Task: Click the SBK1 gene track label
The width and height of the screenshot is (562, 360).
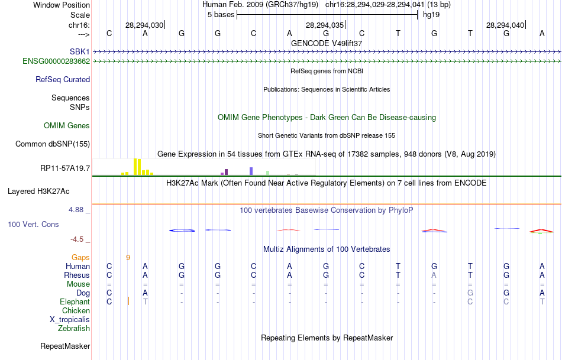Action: click(79, 51)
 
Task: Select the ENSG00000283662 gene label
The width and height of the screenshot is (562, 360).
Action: click(56, 61)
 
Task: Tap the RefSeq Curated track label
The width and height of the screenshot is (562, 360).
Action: click(63, 79)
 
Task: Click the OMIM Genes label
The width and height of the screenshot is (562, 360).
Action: click(67, 125)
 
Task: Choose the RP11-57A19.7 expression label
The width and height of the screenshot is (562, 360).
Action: click(65, 168)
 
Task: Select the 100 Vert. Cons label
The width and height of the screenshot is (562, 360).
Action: click(33, 225)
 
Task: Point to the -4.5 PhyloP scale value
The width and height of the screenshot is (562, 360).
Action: click(77, 239)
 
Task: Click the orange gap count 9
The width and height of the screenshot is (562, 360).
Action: click(128, 257)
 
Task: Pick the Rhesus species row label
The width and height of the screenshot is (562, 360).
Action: click(77, 275)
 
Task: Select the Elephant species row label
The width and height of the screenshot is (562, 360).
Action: click(75, 301)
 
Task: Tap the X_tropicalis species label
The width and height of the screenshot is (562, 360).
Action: click(70, 319)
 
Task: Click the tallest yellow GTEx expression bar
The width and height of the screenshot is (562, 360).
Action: click(136, 167)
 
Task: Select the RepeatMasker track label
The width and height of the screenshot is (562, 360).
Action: click(65, 346)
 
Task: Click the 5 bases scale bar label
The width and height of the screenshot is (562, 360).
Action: click(221, 15)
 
